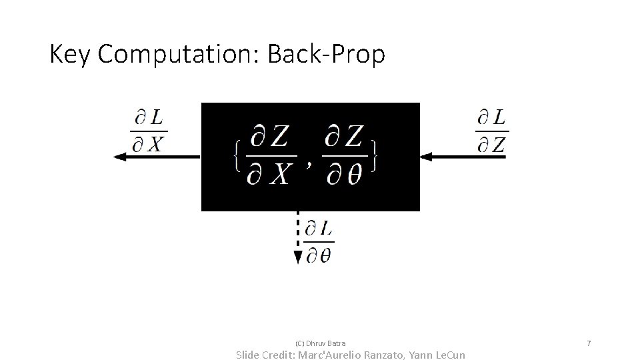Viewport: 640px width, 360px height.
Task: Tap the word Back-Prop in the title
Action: tap(326, 55)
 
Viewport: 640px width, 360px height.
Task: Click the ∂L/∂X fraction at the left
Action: tap(148, 131)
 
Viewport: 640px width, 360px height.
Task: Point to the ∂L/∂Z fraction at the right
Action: tap(491, 131)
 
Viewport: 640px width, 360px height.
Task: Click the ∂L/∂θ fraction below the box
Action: tap(319, 242)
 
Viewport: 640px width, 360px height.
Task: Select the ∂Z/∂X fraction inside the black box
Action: tap(270, 156)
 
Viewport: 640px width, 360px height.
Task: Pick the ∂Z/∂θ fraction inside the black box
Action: tap(344, 156)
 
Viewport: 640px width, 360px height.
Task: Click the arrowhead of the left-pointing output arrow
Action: tap(120, 157)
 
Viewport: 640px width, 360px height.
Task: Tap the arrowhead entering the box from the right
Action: tap(427, 157)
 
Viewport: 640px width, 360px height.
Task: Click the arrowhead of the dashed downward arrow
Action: tap(298, 258)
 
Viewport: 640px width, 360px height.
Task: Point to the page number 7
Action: tap(589, 343)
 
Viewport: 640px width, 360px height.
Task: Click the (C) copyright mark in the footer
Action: tap(299, 343)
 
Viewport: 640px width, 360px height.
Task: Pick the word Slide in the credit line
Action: tap(251, 355)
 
